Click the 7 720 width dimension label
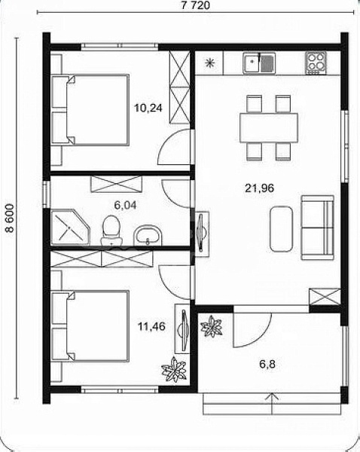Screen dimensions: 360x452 click(x=196, y=5)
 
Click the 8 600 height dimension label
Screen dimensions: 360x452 click(x=10, y=218)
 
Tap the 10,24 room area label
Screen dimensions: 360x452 click(x=148, y=108)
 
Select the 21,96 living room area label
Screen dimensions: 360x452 click(x=259, y=188)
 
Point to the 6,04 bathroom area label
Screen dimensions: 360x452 click(x=125, y=205)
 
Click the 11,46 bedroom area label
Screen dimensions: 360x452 click(x=151, y=327)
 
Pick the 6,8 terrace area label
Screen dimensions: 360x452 click(x=267, y=364)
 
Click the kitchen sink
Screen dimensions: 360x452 click(x=259, y=63)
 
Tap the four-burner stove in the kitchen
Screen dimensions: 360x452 click(x=316, y=63)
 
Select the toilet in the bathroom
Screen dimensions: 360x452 click(x=111, y=230)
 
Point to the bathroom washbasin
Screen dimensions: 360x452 click(x=148, y=235)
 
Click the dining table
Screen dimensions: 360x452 click(x=269, y=128)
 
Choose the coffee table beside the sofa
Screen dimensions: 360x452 click(x=281, y=229)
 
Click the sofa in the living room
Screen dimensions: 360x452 click(x=317, y=228)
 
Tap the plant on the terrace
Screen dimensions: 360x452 click(x=212, y=326)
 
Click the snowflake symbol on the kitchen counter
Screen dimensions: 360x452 click(x=210, y=63)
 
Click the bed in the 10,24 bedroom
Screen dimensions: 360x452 click(x=90, y=110)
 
